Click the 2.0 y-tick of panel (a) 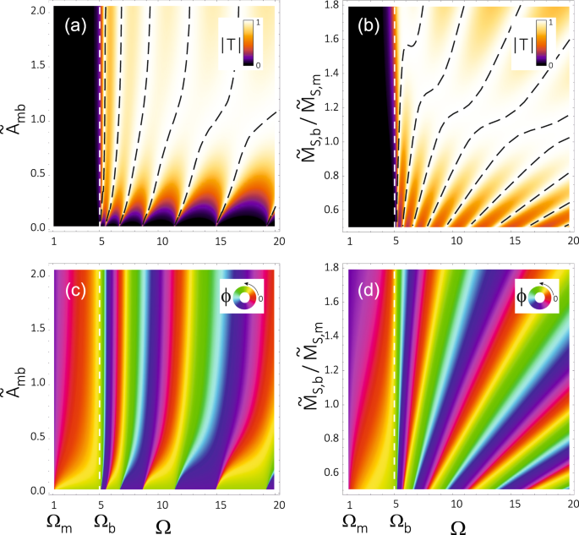coord(40,8)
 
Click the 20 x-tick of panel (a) coord(270,239)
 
